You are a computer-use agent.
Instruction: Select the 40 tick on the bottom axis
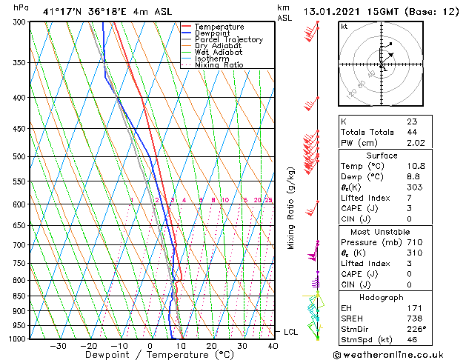coord(273,345)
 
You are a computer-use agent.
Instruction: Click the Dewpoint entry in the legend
coord(212,33)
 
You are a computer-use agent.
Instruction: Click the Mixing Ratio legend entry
coord(219,65)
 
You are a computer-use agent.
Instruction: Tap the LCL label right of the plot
coord(290,332)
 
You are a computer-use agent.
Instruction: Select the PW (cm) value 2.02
coord(416,143)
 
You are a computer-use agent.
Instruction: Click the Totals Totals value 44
coord(412,132)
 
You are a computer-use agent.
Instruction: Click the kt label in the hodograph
coord(344,27)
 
